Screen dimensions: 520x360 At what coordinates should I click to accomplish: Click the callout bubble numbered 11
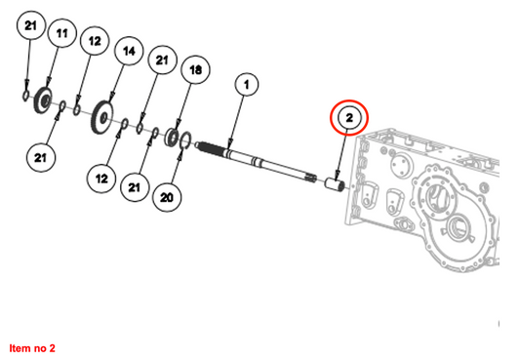tap(62, 33)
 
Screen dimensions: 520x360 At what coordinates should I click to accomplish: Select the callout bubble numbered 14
tap(129, 51)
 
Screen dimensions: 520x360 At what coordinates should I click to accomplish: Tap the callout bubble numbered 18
tap(195, 69)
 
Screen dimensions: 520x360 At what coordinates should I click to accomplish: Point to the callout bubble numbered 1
tap(246, 85)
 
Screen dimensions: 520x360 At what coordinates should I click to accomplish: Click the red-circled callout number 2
tap(349, 118)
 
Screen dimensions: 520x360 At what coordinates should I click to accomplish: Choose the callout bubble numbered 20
tap(167, 198)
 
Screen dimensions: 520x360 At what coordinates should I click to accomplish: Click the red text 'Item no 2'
tap(32, 348)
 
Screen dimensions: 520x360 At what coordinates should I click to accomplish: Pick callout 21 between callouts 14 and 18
tap(162, 60)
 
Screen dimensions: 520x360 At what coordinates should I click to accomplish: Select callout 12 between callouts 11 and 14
tap(95, 41)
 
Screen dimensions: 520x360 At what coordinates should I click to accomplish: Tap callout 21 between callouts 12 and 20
tap(135, 187)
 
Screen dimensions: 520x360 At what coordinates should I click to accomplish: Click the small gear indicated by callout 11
tap(43, 100)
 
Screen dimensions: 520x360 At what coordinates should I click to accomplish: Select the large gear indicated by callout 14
tap(101, 117)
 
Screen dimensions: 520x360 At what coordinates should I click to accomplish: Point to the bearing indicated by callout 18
tap(173, 137)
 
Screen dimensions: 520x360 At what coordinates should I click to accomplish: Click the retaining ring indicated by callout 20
tap(185, 140)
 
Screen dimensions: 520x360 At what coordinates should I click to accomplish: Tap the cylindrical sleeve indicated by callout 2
tap(335, 184)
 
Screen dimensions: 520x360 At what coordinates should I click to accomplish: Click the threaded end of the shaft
tap(209, 147)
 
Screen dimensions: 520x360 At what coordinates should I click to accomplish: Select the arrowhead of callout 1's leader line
tap(230, 144)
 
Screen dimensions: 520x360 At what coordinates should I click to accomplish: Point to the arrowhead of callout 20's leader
tap(180, 154)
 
